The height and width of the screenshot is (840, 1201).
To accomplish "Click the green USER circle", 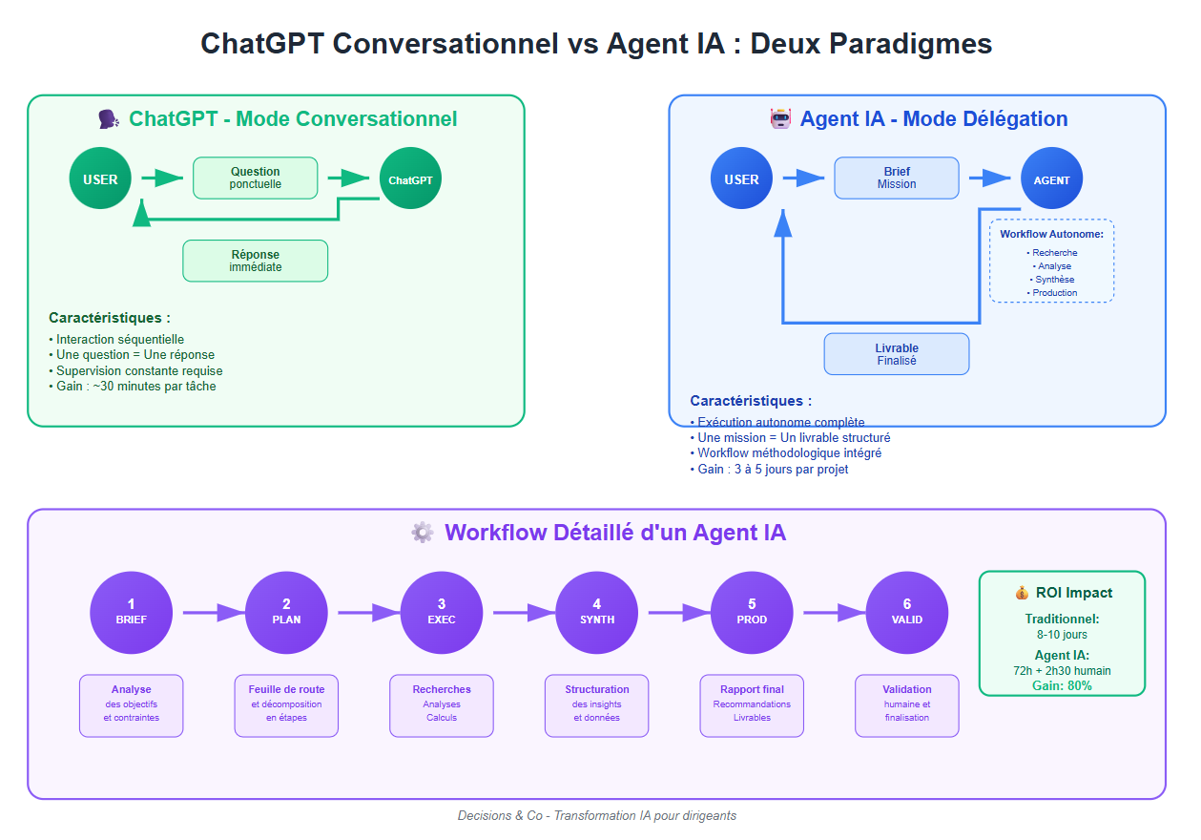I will tap(100, 178).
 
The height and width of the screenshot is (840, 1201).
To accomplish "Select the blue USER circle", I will tap(741, 178).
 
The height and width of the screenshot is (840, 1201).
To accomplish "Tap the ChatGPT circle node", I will tap(410, 178).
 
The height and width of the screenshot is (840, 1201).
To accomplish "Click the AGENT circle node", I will tap(1051, 178).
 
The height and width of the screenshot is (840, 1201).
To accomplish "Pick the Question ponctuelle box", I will tap(255, 178).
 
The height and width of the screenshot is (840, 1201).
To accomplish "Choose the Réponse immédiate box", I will tap(255, 261).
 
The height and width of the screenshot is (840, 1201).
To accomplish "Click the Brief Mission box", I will tap(897, 178).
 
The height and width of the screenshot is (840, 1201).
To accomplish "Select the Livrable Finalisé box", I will tap(896, 354).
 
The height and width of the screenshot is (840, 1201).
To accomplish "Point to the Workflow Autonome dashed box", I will tap(1051, 261).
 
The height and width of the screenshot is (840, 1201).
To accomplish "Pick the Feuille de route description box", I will tap(286, 705).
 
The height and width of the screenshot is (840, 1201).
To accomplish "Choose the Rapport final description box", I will tap(752, 705).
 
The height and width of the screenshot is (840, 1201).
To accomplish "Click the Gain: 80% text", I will tap(1062, 685).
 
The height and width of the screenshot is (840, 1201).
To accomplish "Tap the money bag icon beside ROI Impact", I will tap(1022, 593).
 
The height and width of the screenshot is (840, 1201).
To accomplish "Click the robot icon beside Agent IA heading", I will tap(781, 118).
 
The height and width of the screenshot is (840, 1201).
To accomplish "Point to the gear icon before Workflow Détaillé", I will tap(422, 533).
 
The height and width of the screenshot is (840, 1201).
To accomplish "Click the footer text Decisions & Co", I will tap(596, 815).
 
